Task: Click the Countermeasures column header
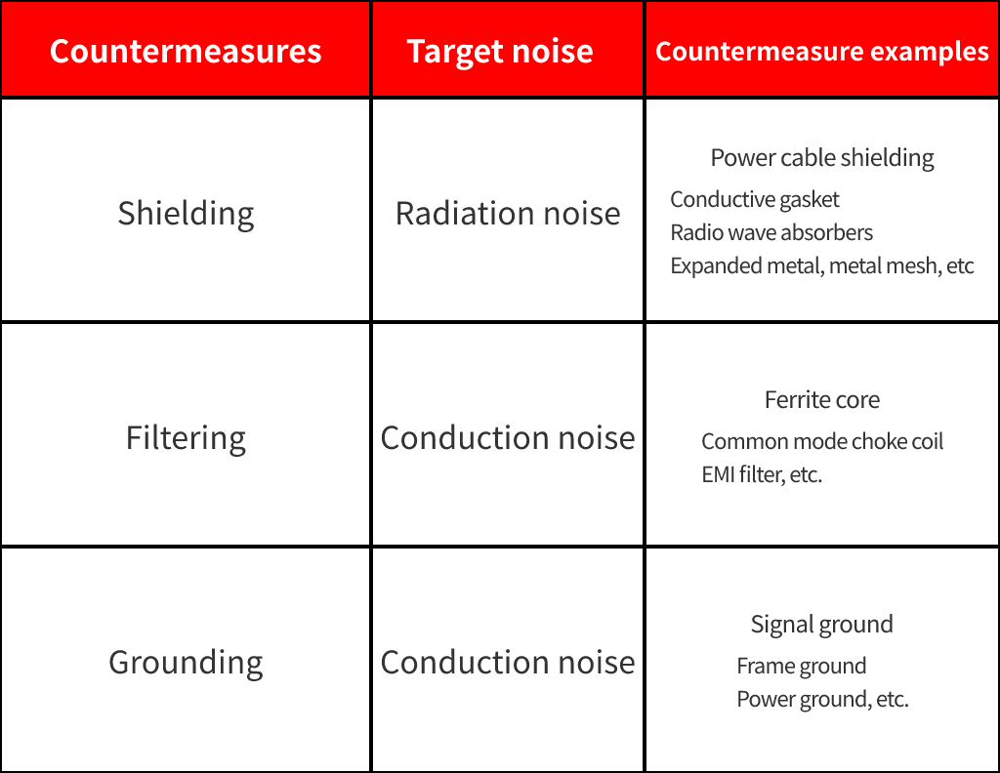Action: point(186,51)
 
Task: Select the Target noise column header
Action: point(500,52)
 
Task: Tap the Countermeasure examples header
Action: point(822,52)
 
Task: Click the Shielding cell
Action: point(187,214)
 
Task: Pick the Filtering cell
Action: point(186,438)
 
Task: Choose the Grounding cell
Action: point(186,663)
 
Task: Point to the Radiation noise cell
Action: point(508,214)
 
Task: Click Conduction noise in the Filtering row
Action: point(508,438)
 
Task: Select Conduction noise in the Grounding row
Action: point(508,663)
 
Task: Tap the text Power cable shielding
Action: point(822,158)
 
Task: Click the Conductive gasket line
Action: point(755,199)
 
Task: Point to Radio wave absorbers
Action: point(771,232)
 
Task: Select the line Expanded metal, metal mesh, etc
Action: point(822,265)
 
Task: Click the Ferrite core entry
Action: point(822,400)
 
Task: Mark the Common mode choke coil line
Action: point(822,441)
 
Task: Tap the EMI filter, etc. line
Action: point(762,474)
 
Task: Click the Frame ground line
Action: point(802,667)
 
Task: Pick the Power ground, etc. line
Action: point(822,700)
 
